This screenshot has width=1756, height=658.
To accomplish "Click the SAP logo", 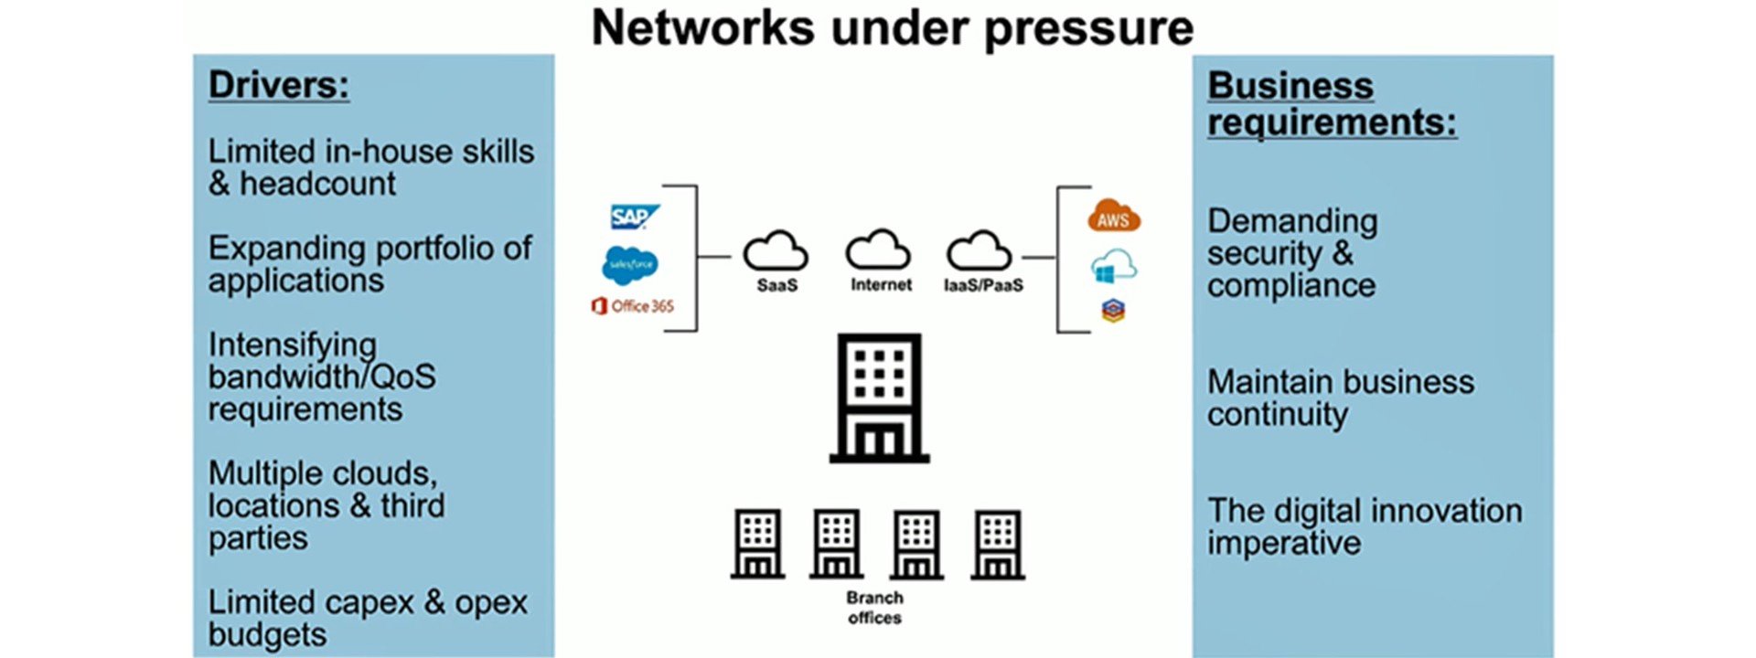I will click(x=634, y=218).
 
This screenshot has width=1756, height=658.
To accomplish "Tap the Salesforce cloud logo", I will click(x=630, y=265).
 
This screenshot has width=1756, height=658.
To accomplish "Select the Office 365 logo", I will click(x=633, y=306).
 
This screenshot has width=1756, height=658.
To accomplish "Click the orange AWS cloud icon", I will click(x=1113, y=217).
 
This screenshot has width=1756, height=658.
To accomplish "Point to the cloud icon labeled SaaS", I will click(x=776, y=250).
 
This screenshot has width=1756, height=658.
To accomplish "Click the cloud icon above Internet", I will click(x=878, y=249).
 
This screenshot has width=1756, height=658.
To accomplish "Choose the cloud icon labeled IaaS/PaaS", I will click(x=979, y=250).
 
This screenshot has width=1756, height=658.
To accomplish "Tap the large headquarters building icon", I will click(x=879, y=398).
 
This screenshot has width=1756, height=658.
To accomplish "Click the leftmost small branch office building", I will click(x=757, y=545).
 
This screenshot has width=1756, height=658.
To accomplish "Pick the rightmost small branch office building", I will click(x=998, y=546).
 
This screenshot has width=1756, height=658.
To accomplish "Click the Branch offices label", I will click(x=874, y=608).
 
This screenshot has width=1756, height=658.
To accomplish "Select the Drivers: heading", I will click(x=279, y=86).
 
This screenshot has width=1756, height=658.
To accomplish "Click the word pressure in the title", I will click(x=1088, y=28).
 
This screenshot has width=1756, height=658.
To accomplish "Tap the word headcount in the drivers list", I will click(x=317, y=185).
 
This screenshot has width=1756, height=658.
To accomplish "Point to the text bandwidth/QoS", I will click(x=322, y=377).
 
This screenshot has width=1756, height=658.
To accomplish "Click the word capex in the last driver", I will click(x=366, y=603).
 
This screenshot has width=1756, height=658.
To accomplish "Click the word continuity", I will click(x=1277, y=415).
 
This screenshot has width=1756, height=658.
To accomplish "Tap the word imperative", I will click(x=1283, y=544).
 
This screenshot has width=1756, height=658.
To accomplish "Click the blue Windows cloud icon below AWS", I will click(x=1113, y=267).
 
